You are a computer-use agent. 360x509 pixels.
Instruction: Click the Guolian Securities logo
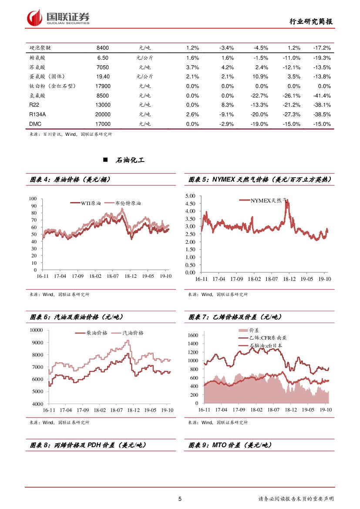pyautogui.click(x=58, y=18)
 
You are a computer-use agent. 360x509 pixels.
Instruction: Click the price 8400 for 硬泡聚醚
pyautogui.click(x=102, y=47)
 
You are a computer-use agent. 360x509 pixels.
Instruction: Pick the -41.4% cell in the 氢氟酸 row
pyautogui.click(x=322, y=95)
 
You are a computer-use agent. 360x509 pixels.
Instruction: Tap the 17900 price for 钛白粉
pyautogui.click(x=102, y=86)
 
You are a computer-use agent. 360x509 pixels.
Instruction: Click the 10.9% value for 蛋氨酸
pyautogui.click(x=261, y=76)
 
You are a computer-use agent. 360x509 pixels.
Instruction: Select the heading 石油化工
pyautogui.click(x=130, y=160)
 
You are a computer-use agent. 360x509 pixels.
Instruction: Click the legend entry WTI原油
pyautogui.click(x=91, y=203)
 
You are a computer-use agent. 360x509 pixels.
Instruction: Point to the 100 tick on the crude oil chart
pyautogui.click(x=33, y=199)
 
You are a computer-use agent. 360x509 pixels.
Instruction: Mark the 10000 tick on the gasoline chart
pyautogui.click(x=36, y=330)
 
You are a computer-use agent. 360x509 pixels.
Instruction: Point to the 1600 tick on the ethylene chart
pyautogui.click(x=193, y=335)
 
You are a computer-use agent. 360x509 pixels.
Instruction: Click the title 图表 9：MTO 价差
pyautogui.click(x=229, y=445)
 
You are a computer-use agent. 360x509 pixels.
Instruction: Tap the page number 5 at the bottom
pyautogui.click(x=180, y=499)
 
